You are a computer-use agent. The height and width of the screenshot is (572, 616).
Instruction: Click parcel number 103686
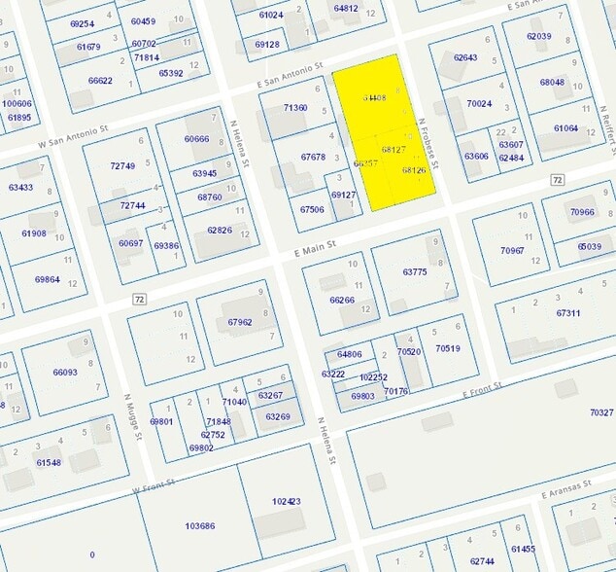pos(200,525)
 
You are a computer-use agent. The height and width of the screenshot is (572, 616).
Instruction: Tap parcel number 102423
pos(287,502)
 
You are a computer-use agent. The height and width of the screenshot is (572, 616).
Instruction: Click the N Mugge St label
pos(133,417)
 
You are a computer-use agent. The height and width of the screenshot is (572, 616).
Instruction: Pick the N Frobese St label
pos(426,145)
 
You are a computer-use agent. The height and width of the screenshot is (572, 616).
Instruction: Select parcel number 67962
pos(239,322)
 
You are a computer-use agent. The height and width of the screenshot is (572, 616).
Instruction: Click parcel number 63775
pos(415,272)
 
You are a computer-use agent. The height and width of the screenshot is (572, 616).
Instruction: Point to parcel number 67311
pos(568,313)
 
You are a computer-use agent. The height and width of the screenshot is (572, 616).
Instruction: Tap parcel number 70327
pos(601,412)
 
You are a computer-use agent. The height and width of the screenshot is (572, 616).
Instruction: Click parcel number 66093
pos(65,372)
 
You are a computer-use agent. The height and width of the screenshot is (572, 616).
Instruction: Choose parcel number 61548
pos(49,462)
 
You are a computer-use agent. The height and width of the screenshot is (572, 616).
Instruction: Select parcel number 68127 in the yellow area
pos(394,150)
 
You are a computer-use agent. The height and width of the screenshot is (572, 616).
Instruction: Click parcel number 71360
pos(294,108)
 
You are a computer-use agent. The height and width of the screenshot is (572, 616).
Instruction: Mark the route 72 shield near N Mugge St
pos(140,298)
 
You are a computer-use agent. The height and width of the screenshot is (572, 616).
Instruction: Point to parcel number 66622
pos(100,81)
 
